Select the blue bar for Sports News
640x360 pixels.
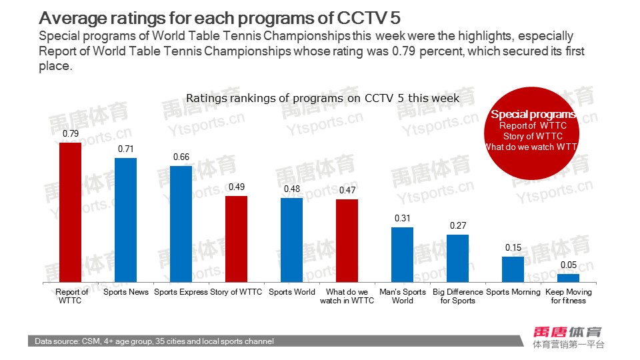point(125,221)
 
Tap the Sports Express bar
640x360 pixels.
point(181,225)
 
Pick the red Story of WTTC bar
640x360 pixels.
point(236,240)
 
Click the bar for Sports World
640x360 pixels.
point(291,241)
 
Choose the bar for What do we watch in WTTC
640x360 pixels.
point(347,241)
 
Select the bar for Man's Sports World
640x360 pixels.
point(402,255)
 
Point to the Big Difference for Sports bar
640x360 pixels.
point(457,259)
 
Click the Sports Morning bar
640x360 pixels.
point(513,270)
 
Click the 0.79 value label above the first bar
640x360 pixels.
point(71,134)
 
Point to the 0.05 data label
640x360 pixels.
point(569,265)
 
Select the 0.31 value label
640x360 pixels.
point(403,218)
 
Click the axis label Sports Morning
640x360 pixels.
point(513,292)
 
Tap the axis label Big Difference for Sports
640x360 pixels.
point(458,296)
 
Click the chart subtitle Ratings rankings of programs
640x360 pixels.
point(322,98)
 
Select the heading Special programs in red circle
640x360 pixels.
point(533,114)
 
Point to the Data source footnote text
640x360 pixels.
point(155,341)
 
